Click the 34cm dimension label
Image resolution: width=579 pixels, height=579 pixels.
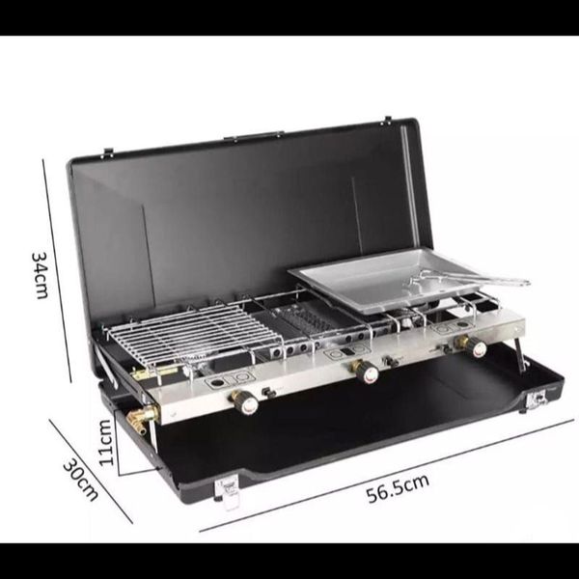[40, 275]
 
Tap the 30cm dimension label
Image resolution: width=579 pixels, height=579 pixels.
[81, 480]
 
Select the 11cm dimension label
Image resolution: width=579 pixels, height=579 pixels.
[105, 442]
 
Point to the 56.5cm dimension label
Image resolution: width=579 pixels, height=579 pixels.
[398, 488]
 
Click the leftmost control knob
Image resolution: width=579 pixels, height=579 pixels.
[245, 401]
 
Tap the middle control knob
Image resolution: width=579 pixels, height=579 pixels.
[366, 372]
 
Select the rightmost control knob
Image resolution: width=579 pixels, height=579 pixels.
[473, 345]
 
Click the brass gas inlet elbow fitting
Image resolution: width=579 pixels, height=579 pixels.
[142, 419]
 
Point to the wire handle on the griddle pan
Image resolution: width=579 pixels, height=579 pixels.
[469, 280]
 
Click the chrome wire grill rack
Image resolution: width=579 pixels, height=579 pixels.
[192, 334]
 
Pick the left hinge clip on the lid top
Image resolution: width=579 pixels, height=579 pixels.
[108, 152]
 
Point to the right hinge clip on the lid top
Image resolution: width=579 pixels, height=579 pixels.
[388, 120]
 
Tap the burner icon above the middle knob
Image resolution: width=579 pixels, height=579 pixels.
[346, 352]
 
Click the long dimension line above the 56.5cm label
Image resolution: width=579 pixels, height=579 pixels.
[387, 475]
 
